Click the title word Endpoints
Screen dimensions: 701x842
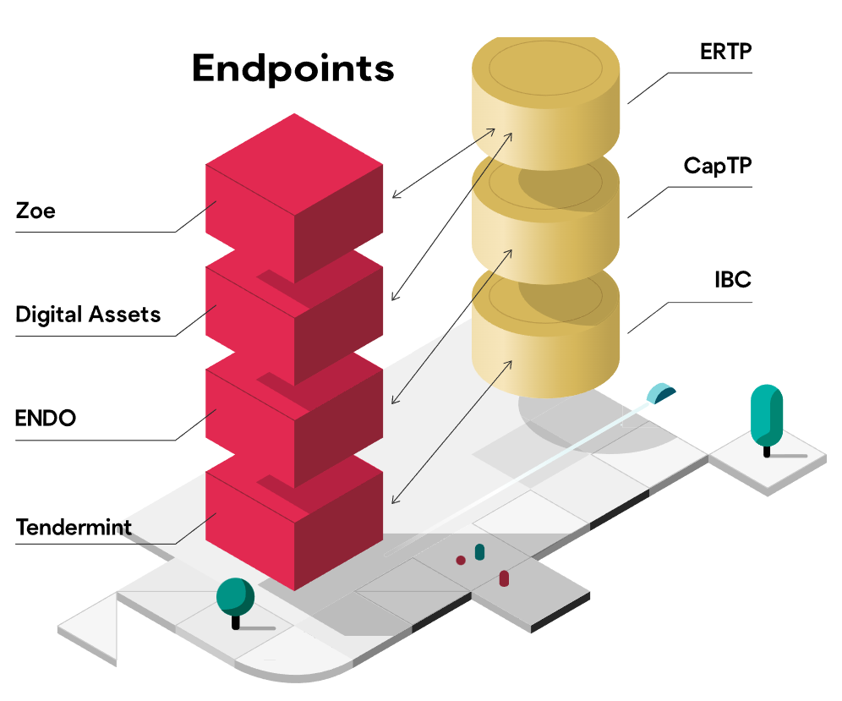coord(293,68)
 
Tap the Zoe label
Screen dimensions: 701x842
coord(36,210)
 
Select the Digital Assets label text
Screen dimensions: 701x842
coord(88,315)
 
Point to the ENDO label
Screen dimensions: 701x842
coord(46,418)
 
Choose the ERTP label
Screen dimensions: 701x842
coord(725,52)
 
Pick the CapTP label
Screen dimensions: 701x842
coord(717,167)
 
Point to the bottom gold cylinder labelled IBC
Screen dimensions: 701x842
coord(545,338)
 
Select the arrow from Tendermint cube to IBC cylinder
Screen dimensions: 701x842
coord(452,432)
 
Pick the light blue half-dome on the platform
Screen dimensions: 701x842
coord(661,393)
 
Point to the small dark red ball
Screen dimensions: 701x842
coord(461,560)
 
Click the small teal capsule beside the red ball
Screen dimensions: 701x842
coord(479,552)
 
